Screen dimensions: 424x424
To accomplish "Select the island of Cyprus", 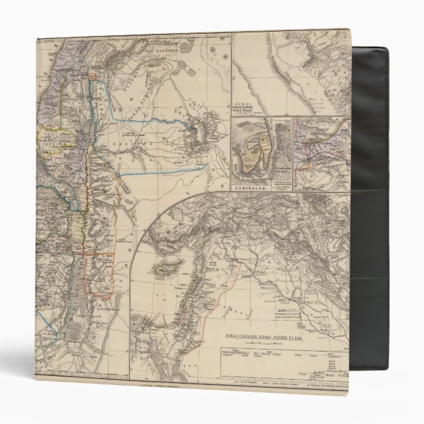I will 162,269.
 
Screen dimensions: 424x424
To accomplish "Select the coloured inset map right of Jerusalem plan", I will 321,151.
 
